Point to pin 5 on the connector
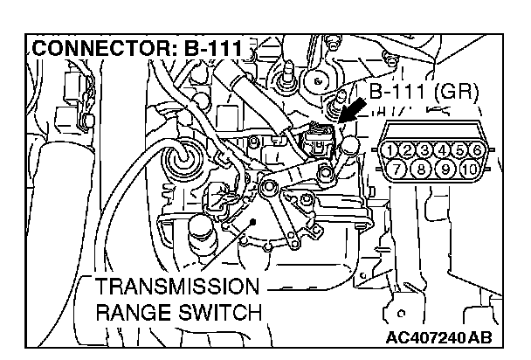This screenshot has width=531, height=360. coord(468,149)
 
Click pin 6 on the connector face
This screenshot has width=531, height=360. coord(486,149)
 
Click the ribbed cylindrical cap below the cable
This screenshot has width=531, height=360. coord(199,234)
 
